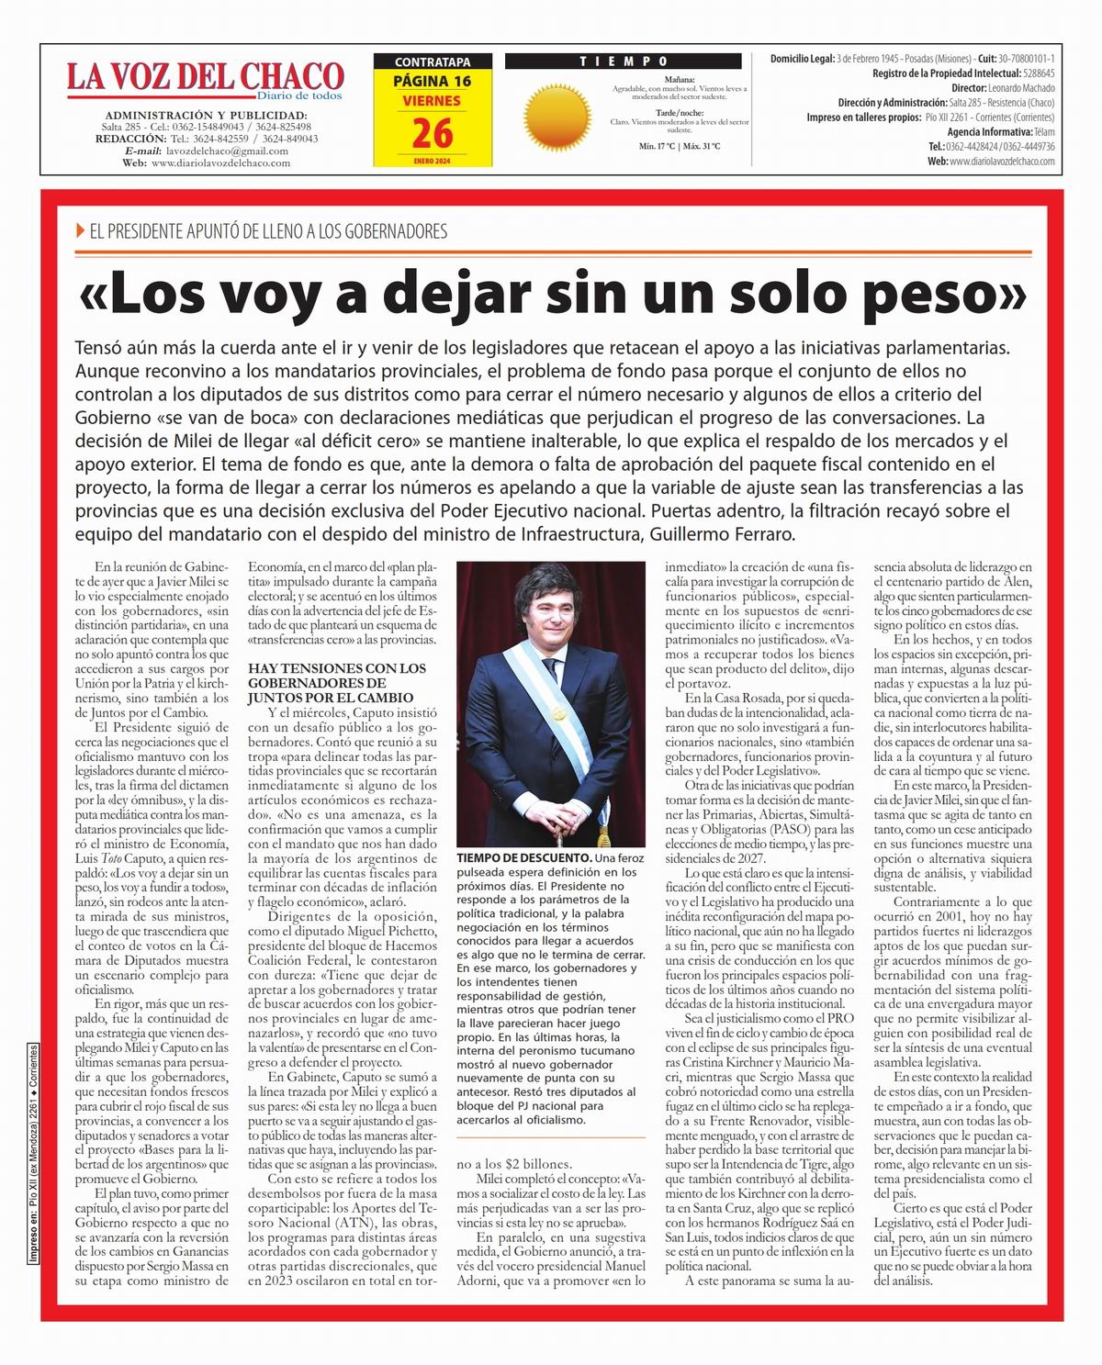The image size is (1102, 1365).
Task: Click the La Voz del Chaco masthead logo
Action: click(x=204, y=79)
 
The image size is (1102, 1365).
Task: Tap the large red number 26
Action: click(x=433, y=134)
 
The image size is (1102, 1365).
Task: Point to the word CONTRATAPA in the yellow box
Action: click(x=433, y=62)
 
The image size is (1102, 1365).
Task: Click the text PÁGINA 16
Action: click(x=433, y=81)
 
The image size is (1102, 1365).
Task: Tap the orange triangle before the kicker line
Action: click(x=82, y=231)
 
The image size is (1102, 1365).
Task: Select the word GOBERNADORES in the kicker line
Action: click(x=393, y=231)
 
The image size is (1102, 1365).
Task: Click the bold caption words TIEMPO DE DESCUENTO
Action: click(x=524, y=857)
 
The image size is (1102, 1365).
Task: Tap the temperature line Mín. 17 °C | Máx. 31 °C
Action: click(x=679, y=146)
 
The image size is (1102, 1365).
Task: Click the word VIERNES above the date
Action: click(x=433, y=100)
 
